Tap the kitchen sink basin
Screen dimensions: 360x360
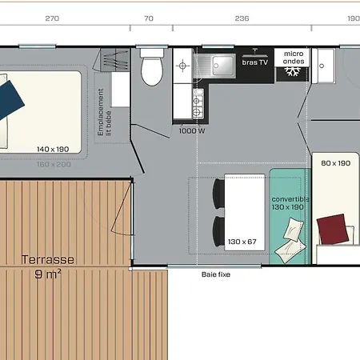tap(221, 63)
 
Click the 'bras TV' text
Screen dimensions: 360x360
tap(255, 61)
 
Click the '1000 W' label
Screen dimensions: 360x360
tap(193, 130)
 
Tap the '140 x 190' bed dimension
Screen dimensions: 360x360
tap(53, 149)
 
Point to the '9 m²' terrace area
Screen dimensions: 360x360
tap(48, 274)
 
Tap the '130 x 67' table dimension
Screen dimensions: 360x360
tap(241, 242)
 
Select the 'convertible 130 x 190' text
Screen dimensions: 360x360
tap(289, 202)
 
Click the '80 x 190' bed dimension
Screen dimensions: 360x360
tap(336, 163)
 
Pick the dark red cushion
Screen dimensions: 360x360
tap(335, 230)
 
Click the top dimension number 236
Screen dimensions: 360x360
tap(242, 18)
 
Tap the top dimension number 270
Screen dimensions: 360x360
tap(52, 18)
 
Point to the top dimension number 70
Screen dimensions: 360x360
tap(149, 18)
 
